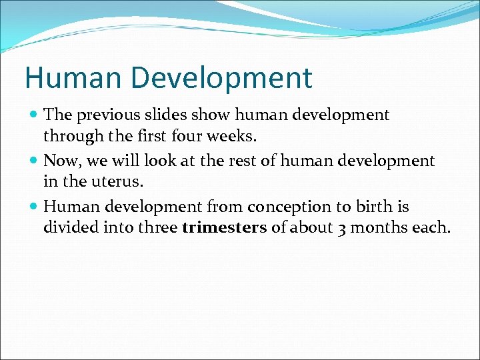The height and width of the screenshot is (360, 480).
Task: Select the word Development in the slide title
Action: [221, 78]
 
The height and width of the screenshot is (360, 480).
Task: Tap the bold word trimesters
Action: [224, 228]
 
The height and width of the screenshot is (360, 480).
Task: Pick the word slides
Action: [168, 115]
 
